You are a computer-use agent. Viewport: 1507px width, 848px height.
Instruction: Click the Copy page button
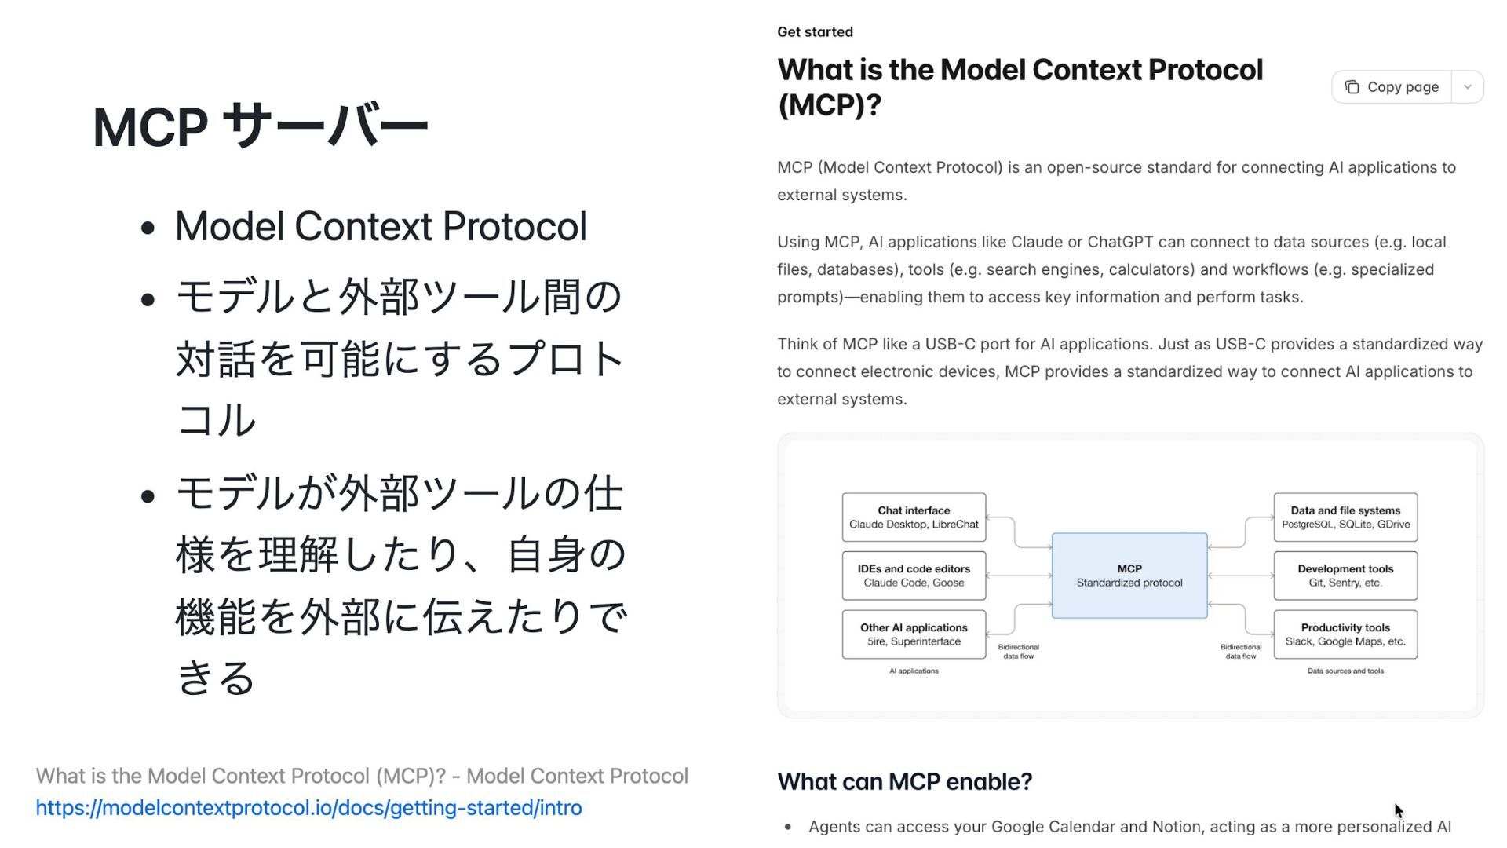(x=1392, y=87)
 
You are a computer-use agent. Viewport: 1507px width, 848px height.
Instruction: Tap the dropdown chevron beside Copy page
(x=1467, y=87)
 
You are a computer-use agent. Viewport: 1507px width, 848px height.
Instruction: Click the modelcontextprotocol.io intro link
(x=308, y=808)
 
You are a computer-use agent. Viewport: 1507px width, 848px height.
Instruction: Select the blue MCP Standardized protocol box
(x=1129, y=576)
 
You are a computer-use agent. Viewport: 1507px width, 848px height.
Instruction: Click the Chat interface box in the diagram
(x=914, y=517)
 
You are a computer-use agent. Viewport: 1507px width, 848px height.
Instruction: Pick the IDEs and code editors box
(x=914, y=576)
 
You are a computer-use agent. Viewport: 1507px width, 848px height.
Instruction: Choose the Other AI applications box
(x=914, y=634)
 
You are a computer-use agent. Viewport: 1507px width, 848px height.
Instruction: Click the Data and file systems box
(x=1345, y=517)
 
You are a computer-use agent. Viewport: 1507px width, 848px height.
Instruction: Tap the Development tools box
(x=1345, y=576)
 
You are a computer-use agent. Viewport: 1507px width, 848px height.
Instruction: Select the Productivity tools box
(x=1345, y=634)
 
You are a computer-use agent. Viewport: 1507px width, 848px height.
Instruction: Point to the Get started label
(x=815, y=32)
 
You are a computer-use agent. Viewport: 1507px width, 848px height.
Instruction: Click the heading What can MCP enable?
(x=904, y=782)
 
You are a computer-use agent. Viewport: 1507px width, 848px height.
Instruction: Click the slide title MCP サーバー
(x=261, y=126)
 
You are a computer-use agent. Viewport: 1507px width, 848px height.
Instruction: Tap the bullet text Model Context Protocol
(x=381, y=227)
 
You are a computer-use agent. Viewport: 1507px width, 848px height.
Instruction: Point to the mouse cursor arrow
(x=1398, y=810)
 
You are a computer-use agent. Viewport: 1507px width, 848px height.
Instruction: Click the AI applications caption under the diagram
(x=914, y=671)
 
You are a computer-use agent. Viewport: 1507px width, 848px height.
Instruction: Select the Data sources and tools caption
(x=1345, y=671)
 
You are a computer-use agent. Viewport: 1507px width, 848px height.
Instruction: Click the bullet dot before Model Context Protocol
(x=148, y=229)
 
